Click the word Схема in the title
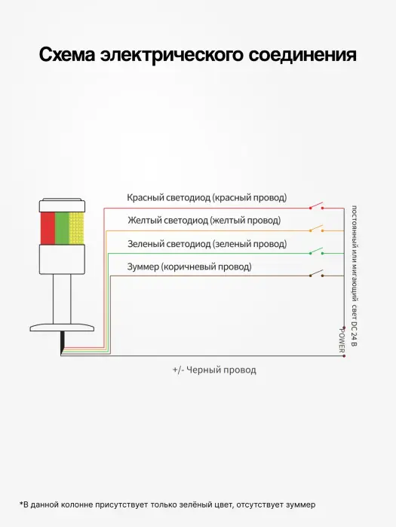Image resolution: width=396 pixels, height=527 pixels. pos(67,54)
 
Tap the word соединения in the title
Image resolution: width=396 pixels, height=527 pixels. pos(302,54)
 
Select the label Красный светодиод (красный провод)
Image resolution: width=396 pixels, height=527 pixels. pos(207,197)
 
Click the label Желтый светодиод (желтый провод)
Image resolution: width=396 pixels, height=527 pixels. pos(204,221)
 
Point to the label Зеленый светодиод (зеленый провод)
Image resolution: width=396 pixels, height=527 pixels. pos(207,244)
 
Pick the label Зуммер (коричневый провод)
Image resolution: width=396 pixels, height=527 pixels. pos(189,267)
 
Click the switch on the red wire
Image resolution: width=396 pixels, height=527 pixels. pos(317,206)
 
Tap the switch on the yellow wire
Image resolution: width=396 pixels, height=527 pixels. pos(317,229)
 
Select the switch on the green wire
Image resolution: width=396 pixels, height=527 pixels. pos(317,251)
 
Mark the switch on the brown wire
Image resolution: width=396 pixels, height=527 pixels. pos(317,273)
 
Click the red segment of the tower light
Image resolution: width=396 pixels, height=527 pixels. pos(48,228)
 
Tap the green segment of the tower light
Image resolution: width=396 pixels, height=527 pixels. pos(62,228)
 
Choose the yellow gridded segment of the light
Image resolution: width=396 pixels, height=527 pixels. pos(76,228)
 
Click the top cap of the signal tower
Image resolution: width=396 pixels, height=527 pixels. pos(62,206)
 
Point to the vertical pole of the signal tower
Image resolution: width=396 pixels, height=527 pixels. pos(62,299)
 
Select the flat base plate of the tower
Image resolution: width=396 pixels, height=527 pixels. pos(62,327)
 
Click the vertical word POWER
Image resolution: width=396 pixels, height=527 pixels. pos(342,341)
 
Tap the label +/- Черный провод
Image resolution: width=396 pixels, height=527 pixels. pos(214,370)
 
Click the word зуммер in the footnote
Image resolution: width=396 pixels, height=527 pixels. pos(301,504)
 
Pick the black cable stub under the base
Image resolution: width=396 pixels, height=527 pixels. pos(63,343)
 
